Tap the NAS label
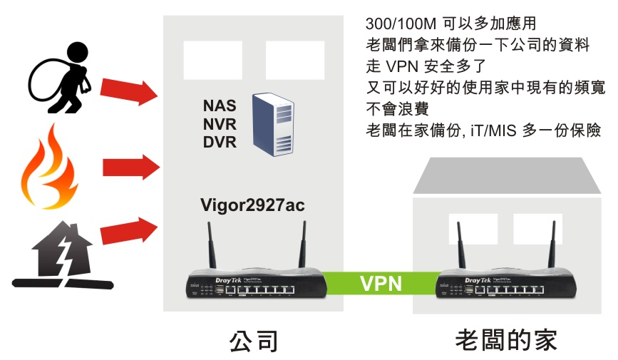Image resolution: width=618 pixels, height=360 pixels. (x=220, y=106)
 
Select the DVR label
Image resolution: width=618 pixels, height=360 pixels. (x=220, y=142)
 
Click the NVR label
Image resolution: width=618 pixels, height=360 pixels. (x=220, y=124)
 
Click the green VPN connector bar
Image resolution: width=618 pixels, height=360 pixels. (x=380, y=284)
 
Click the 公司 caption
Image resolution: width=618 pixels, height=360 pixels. (x=254, y=340)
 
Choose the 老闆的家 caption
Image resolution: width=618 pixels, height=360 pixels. (x=506, y=340)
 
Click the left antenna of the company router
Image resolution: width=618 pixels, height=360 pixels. (x=211, y=246)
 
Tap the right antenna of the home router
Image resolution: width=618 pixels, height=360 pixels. (x=553, y=246)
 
